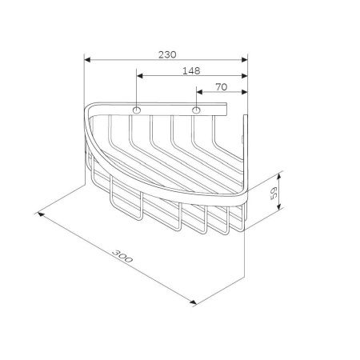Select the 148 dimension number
coord(190,70)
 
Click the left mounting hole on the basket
coord(137,109)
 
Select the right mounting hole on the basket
coord(196,109)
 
